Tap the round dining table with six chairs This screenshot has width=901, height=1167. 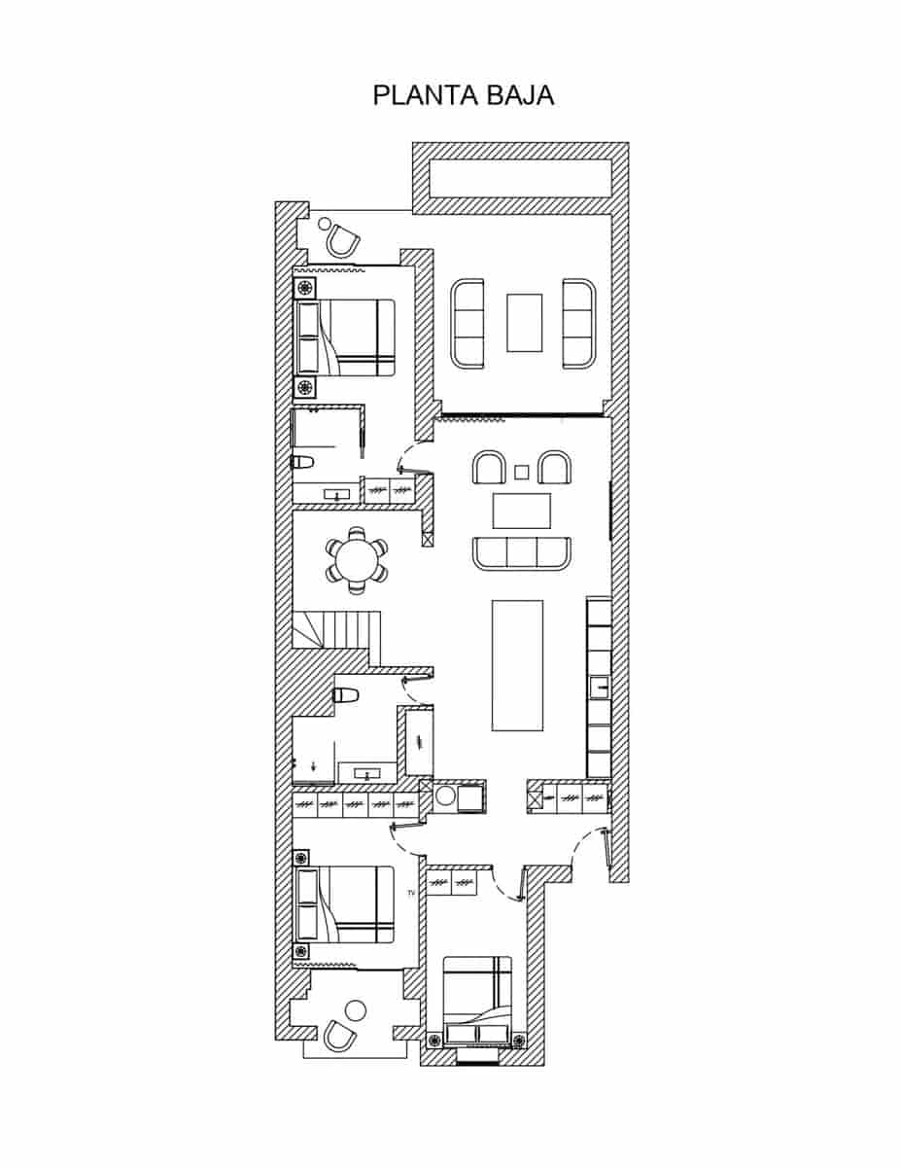click(356, 561)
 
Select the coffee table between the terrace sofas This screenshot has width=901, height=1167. click(524, 323)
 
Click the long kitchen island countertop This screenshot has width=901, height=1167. click(517, 664)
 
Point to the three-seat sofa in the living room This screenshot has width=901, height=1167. click(522, 553)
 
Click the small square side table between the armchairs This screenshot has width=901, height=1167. click(522, 472)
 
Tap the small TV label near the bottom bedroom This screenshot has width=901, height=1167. click(411, 892)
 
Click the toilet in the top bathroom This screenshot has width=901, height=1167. click(302, 462)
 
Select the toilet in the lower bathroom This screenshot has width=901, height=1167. click(346, 695)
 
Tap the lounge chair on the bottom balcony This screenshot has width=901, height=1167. click(339, 1035)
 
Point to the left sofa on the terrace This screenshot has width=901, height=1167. click(468, 324)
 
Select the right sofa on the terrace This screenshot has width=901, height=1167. click(578, 324)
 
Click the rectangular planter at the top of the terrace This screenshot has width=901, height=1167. click(520, 178)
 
